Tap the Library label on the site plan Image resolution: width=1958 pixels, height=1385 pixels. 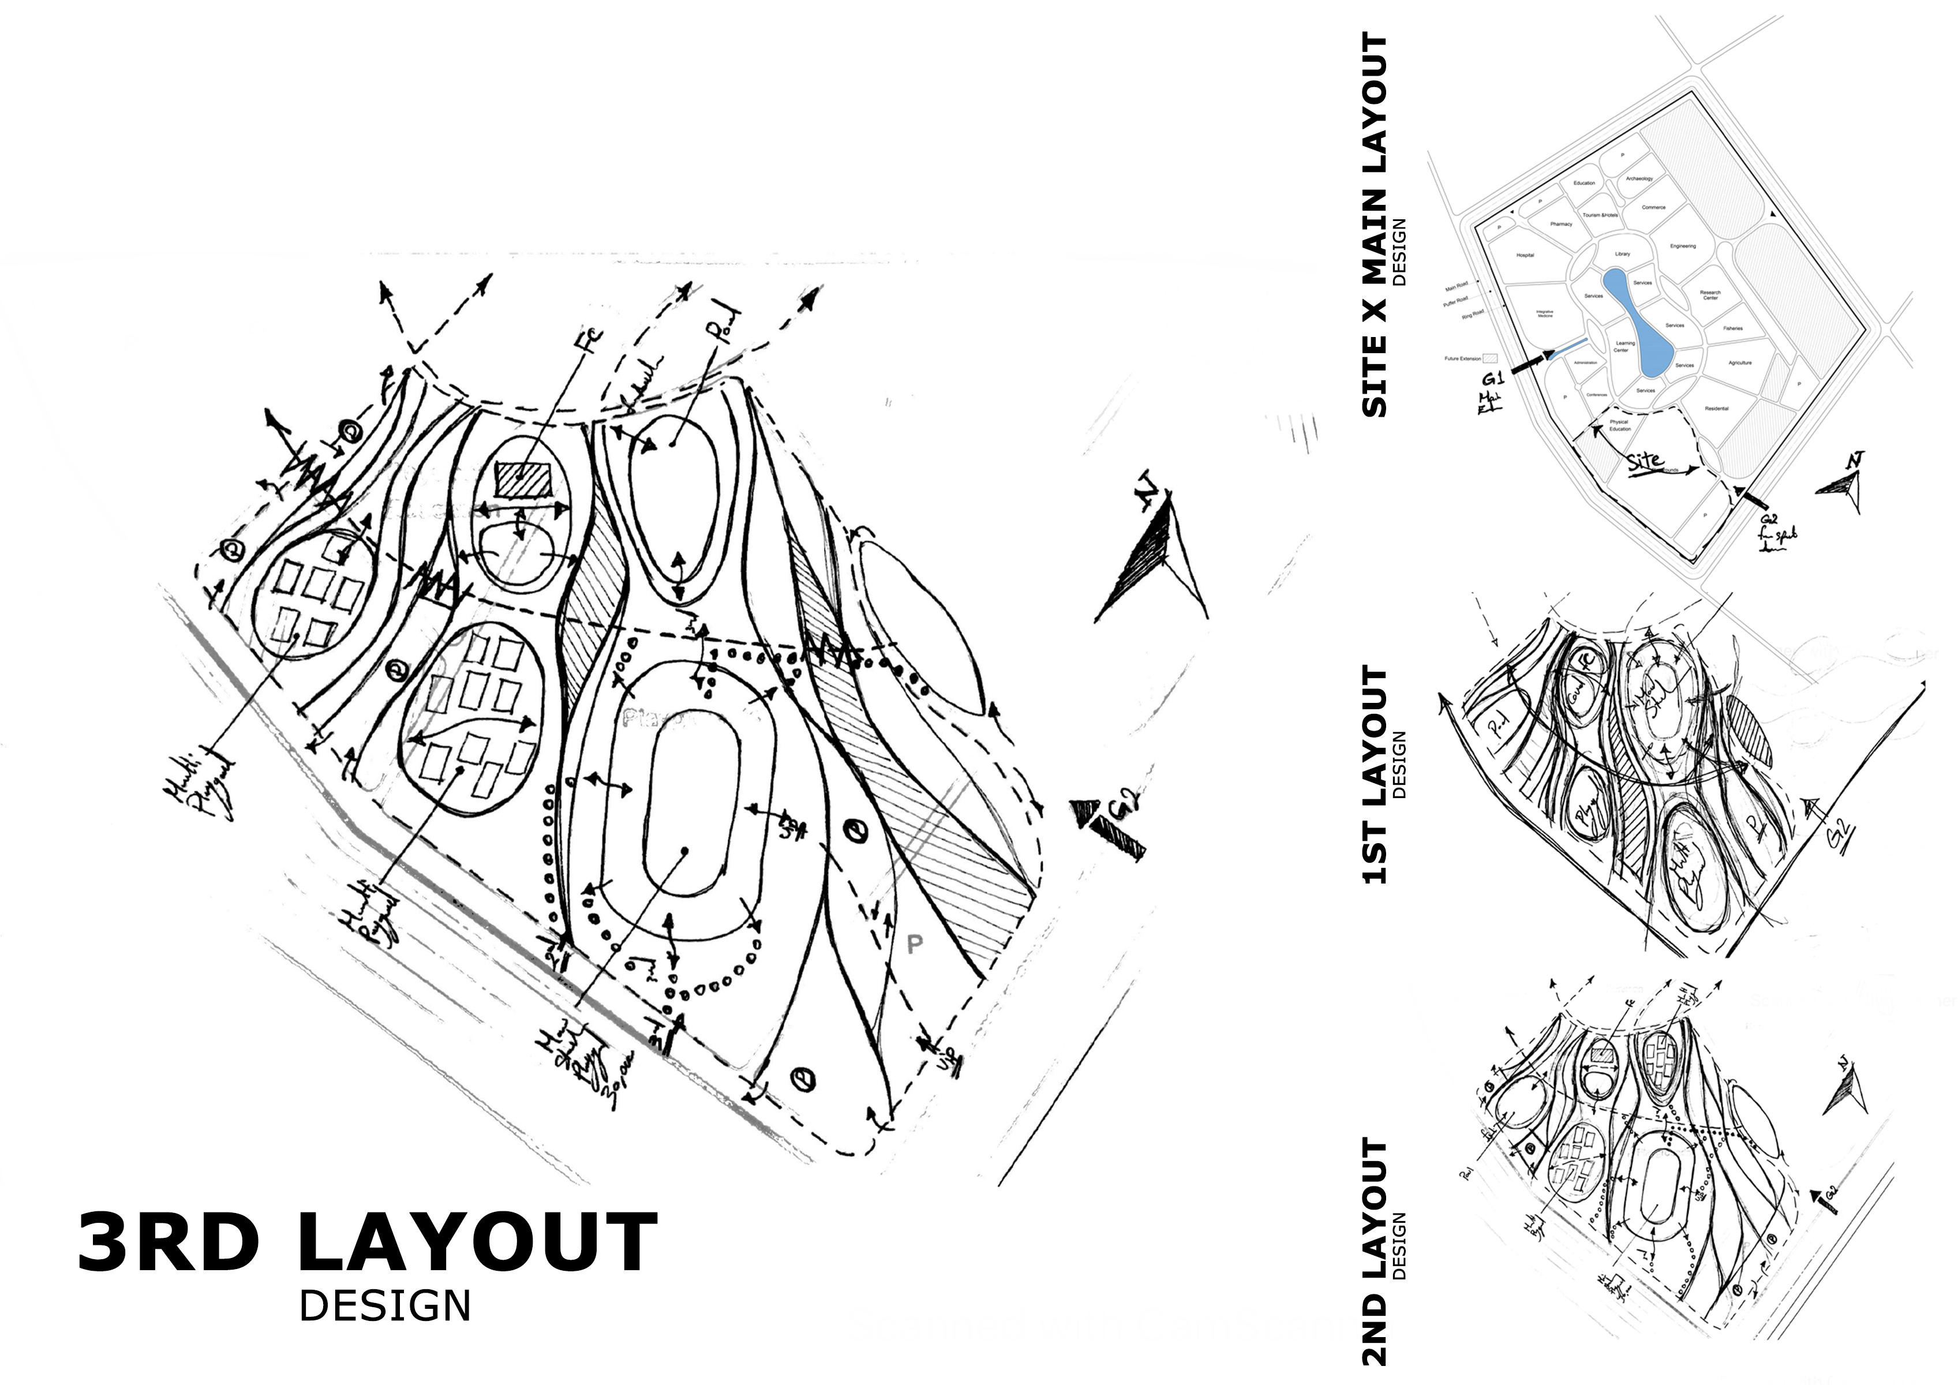[x=1622, y=254]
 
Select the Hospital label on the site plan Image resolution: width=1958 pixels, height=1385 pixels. [x=1525, y=255]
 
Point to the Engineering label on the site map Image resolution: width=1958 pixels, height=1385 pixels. [x=1683, y=246]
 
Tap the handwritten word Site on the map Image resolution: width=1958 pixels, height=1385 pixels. [x=1644, y=462]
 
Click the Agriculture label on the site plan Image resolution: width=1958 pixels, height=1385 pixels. [x=1740, y=362]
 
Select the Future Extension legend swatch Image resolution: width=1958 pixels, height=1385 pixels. [x=1490, y=359]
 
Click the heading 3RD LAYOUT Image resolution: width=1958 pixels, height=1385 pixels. [x=366, y=1242]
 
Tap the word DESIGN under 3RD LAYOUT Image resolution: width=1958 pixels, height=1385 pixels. [x=384, y=1306]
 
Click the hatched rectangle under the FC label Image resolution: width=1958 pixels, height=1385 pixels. [x=523, y=478]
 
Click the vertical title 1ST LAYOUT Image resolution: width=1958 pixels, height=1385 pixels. [x=1374, y=774]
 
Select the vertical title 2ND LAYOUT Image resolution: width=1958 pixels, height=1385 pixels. [x=1374, y=1251]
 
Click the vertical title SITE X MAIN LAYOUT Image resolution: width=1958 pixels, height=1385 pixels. [x=1374, y=226]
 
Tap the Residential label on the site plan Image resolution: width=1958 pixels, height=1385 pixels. [x=1716, y=409]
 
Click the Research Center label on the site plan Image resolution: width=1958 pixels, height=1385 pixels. [x=1710, y=295]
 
